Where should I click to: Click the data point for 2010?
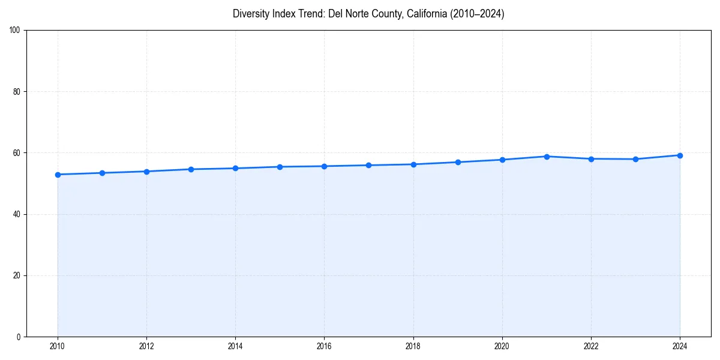tap(58, 175)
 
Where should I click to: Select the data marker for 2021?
tap(547, 157)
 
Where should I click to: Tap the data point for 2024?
tap(680, 155)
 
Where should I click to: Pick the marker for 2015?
tap(280, 167)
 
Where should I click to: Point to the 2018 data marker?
tap(413, 164)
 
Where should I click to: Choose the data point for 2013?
tap(191, 169)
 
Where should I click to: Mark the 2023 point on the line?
tap(635, 159)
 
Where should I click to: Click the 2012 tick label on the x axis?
tap(146, 346)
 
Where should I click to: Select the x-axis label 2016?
tap(325, 346)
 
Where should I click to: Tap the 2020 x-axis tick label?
tap(502, 346)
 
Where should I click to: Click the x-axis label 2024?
tap(680, 346)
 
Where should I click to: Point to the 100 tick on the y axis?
tap(15, 31)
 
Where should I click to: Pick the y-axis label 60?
tap(17, 153)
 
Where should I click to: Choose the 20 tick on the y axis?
tap(17, 275)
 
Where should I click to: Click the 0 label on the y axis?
tap(19, 337)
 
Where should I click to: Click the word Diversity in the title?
tap(250, 14)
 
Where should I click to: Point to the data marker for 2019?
tap(458, 162)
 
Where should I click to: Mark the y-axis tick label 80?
tap(17, 92)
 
